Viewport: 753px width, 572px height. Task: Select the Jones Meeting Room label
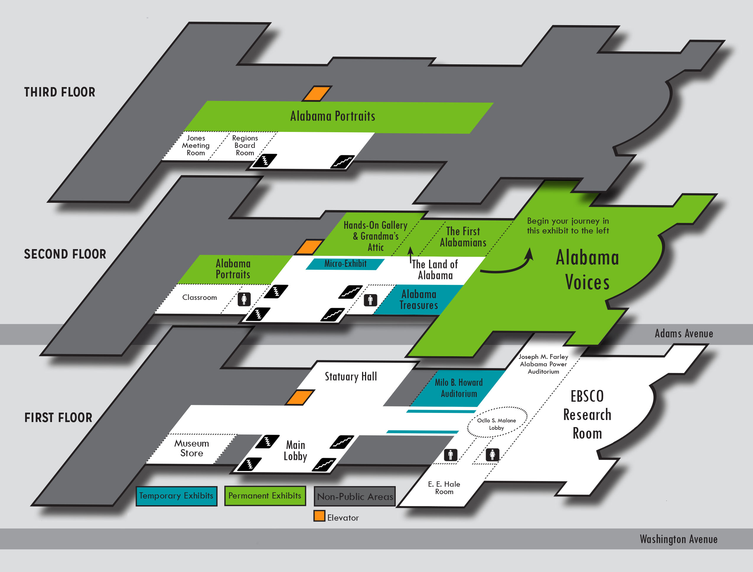tap(195, 146)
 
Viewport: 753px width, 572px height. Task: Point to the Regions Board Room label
tap(245, 146)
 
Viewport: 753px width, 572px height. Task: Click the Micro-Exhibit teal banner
tap(345, 264)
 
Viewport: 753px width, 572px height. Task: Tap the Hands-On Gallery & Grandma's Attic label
tap(375, 236)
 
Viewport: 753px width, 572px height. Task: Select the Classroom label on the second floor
tap(199, 298)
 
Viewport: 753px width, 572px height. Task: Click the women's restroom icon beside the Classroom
tap(244, 299)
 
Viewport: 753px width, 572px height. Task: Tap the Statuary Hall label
tap(351, 377)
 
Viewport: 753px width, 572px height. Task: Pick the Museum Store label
tap(191, 448)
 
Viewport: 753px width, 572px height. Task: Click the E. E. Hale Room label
tap(444, 488)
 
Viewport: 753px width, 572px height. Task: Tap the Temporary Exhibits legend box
tap(176, 496)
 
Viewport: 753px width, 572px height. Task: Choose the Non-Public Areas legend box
tap(355, 497)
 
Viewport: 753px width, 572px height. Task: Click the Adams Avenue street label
tap(684, 334)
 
